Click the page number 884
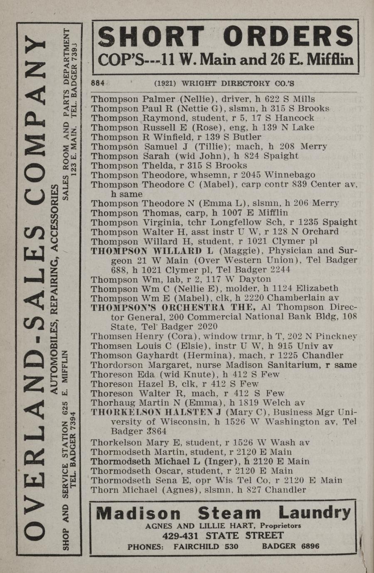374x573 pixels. pyautogui.click(x=98, y=83)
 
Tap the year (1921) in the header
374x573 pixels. pyautogui.click(x=165, y=83)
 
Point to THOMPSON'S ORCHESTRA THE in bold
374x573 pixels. pyautogui.click(x=173, y=307)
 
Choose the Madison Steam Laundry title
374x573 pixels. pyautogui.click(x=224, y=513)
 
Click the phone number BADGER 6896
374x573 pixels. pyautogui.click(x=290, y=546)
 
